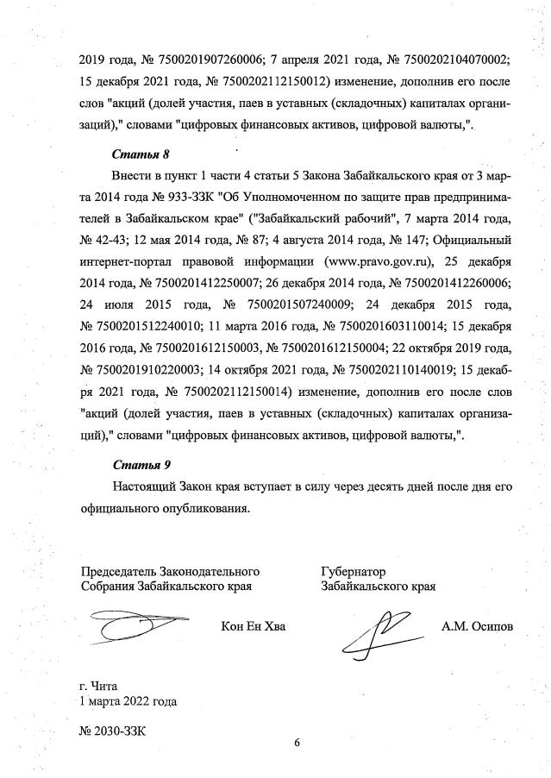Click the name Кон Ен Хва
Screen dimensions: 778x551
(253, 626)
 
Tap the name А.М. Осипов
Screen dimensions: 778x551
(477, 626)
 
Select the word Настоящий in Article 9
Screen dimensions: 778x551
(147, 487)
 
